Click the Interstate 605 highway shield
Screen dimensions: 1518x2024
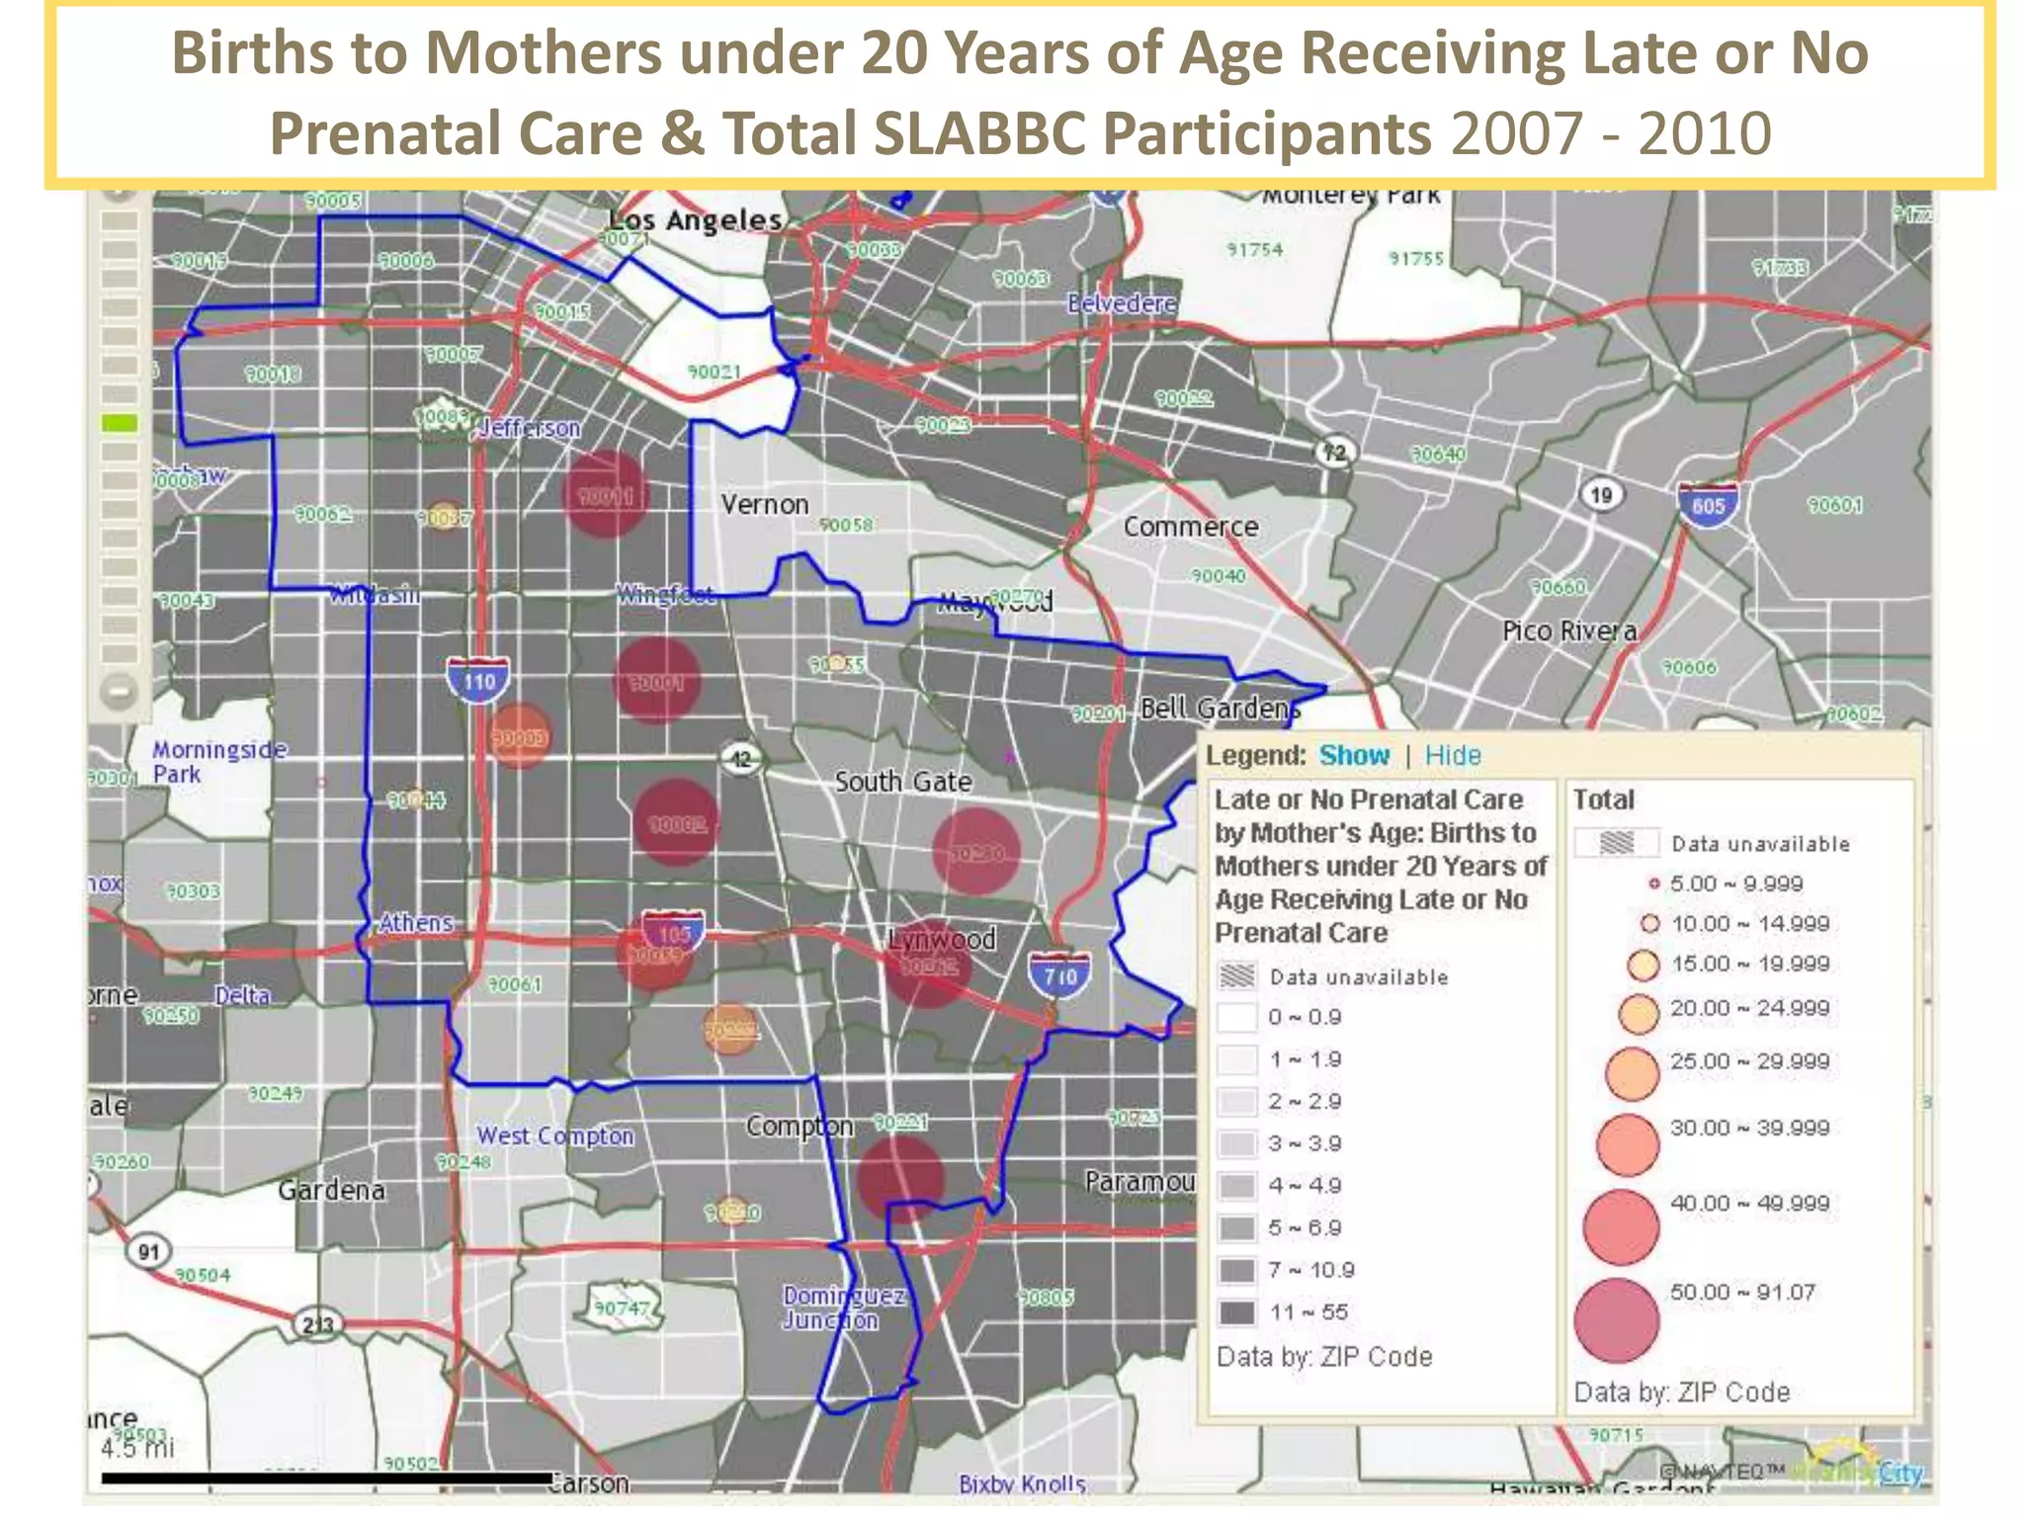tap(1708, 505)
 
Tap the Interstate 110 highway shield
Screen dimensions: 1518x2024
tap(478, 680)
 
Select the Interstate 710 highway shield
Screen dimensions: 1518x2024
tap(1058, 975)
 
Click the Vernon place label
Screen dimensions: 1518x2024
tap(764, 504)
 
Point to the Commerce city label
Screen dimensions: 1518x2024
tap(1190, 527)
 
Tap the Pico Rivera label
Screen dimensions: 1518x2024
tap(1568, 631)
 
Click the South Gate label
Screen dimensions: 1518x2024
tap(902, 782)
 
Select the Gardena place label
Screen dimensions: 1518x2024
tap(331, 1190)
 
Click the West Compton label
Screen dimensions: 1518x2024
tap(554, 1137)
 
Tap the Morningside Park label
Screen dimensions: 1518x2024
tap(218, 762)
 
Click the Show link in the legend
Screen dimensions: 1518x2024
tap(1354, 756)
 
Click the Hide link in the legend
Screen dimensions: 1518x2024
tap(1452, 756)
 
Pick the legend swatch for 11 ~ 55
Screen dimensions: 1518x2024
tap(1236, 1312)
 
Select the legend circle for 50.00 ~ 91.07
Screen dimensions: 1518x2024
tap(1616, 1320)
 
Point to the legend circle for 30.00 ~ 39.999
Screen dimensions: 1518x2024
tap(1627, 1144)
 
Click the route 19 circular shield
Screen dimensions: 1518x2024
tap(1601, 494)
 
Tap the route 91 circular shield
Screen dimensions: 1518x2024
tap(148, 1252)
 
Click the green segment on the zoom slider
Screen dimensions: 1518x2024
tap(120, 424)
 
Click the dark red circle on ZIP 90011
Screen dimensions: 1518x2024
tap(605, 494)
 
